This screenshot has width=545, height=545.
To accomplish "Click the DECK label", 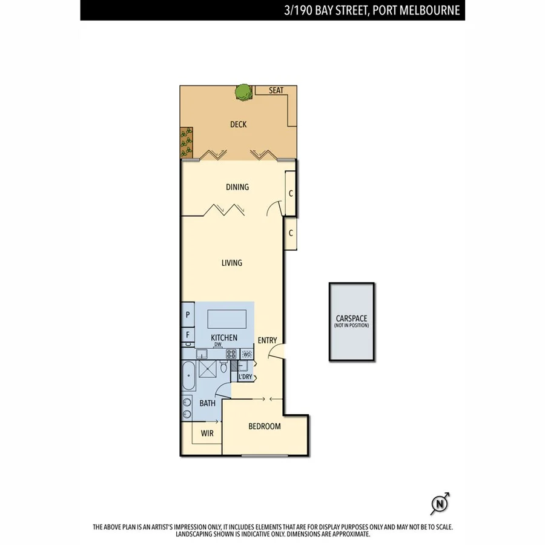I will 238,125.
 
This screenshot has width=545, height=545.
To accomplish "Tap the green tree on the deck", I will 243,92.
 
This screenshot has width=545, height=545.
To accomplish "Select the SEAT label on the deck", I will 276,91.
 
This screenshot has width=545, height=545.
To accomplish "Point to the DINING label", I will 237,187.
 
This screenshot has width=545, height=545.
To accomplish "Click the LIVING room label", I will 231,263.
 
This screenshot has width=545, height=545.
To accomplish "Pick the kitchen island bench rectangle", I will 227,318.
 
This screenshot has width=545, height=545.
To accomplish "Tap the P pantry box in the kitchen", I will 188,315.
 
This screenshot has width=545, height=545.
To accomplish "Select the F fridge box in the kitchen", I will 188,334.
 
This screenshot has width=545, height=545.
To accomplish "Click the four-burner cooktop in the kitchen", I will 231,354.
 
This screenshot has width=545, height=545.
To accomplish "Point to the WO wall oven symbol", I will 247,354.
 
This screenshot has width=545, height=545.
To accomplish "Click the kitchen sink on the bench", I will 203,354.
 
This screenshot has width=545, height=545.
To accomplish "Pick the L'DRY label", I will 245,377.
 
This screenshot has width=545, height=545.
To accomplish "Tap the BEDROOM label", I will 265,426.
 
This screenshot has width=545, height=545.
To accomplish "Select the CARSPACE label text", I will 352,319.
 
